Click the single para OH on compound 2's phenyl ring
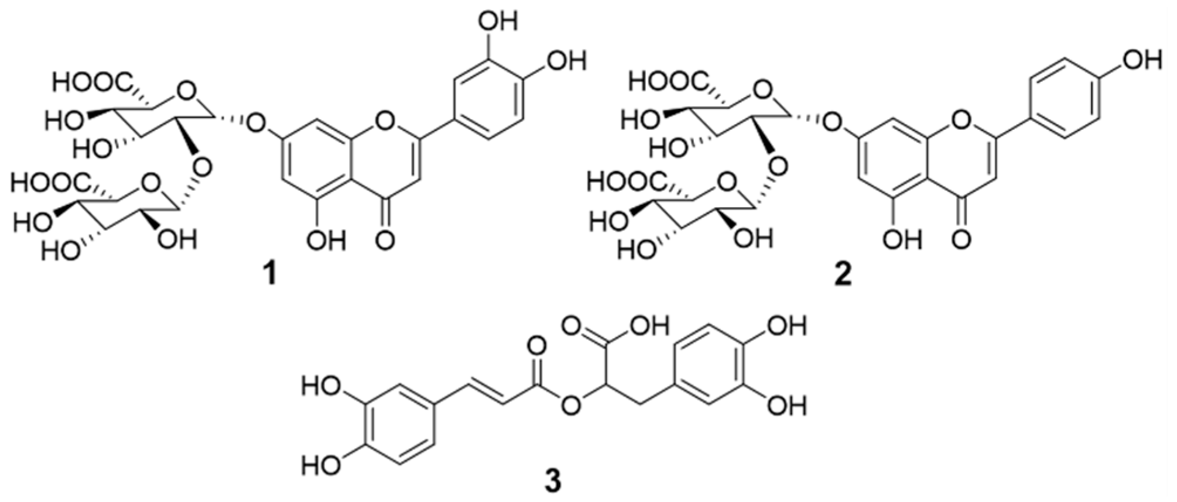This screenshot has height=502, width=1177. tap(1141, 60)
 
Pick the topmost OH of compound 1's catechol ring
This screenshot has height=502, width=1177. tap(498, 22)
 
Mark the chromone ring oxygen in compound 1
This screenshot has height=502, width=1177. tap(384, 122)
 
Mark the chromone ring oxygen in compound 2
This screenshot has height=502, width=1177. tap(959, 122)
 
